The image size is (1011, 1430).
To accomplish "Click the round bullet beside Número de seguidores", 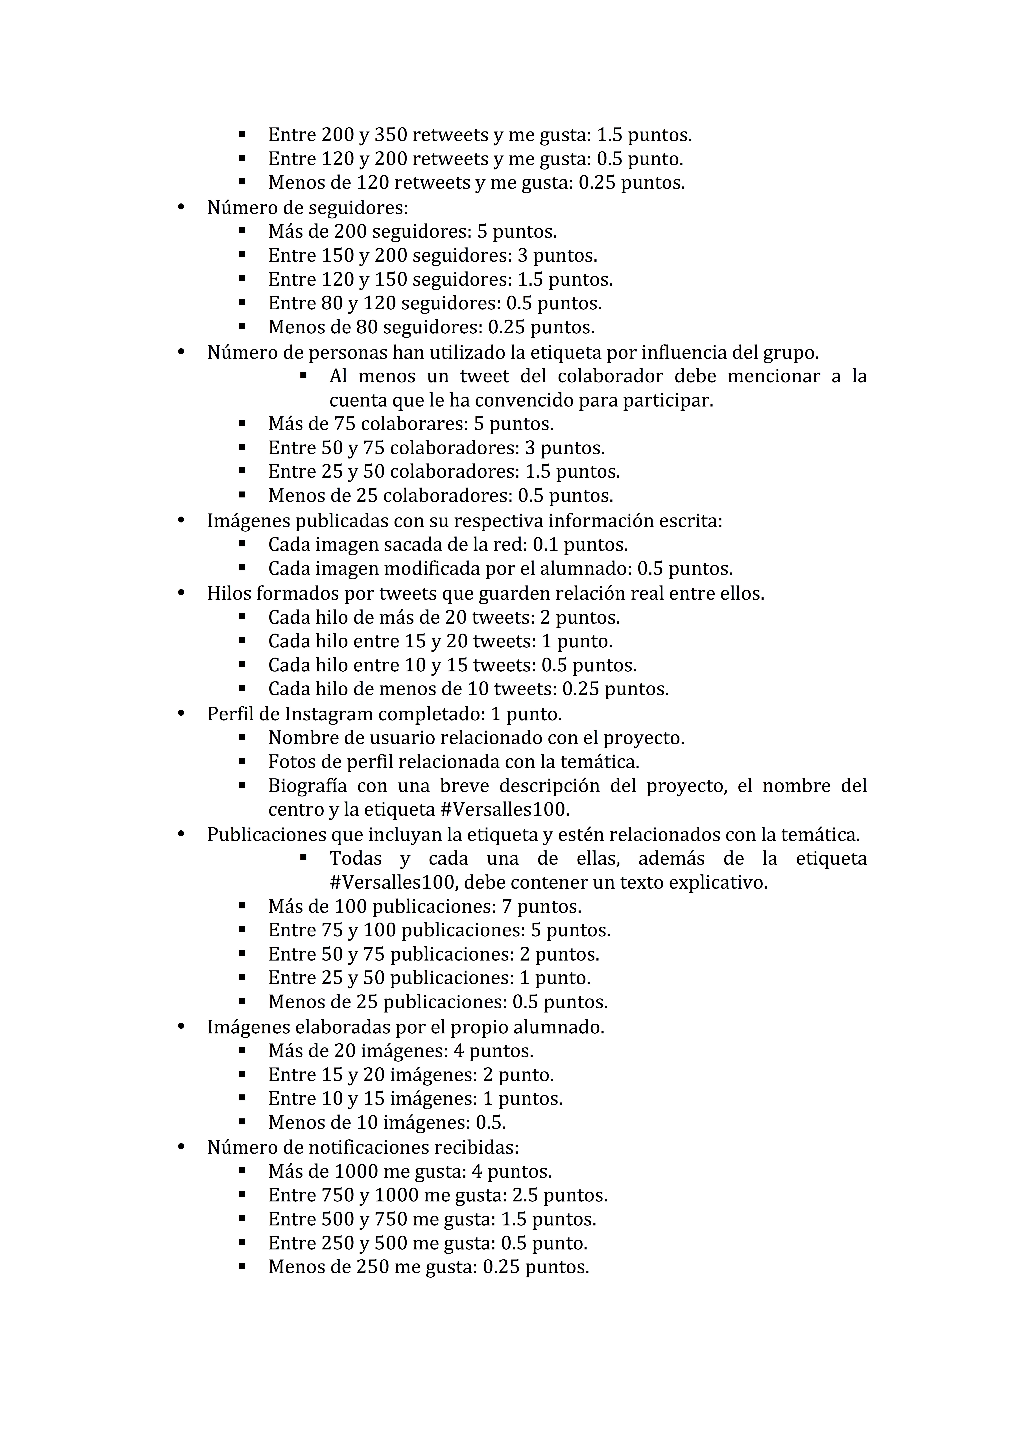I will pos(181,207).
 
